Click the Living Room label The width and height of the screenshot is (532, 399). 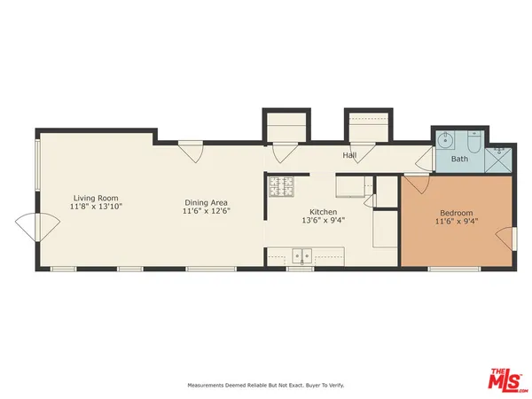(x=96, y=198)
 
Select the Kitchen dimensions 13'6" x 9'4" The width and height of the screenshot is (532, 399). (x=323, y=221)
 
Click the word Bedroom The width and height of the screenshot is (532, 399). (x=457, y=213)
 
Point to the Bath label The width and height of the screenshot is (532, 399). (x=459, y=160)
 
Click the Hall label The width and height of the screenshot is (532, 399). (x=350, y=155)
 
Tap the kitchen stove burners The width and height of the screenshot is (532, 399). (x=280, y=187)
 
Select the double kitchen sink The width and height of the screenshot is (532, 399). (x=301, y=256)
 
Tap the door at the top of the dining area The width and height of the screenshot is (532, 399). (x=191, y=152)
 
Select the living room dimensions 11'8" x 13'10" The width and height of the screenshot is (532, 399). (x=96, y=206)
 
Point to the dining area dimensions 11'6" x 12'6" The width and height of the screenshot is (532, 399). (x=206, y=211)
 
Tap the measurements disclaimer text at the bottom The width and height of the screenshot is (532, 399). (x=265, y=385)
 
